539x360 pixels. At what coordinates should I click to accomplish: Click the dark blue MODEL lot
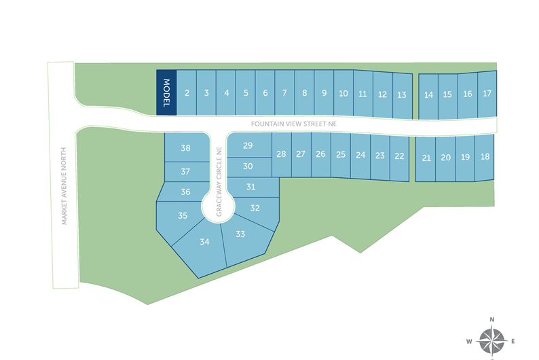(166, 92)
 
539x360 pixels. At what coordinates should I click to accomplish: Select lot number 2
(187, 93)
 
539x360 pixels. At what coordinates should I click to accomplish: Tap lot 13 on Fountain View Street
(402, 94)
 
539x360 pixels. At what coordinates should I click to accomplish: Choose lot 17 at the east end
(487, 94)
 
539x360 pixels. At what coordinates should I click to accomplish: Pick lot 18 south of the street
(484, 157)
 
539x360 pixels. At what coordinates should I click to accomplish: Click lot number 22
(399, 156)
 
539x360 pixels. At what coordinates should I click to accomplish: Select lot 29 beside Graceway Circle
(248, 145)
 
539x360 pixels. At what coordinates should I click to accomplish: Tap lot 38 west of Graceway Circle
(185, 148)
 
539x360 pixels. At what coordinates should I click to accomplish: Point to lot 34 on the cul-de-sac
(204, 242)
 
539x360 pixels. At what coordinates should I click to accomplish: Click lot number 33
(240, 234)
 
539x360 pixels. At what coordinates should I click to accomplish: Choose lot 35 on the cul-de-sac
(183, 216)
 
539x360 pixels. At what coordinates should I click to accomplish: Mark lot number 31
(251, 187)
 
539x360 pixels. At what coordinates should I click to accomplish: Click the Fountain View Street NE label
(293, 124)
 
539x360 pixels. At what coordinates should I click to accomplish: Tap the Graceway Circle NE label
(219, 182)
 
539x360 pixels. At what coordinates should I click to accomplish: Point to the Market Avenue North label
(63, 186)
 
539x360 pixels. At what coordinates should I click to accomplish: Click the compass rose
(491, 340)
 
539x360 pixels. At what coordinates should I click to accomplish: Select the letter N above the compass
(491, 319)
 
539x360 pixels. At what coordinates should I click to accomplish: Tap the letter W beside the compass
(468, 340)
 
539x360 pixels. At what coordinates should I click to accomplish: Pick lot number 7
(284, 93)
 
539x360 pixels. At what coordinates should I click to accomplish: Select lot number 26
(320, 154)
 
